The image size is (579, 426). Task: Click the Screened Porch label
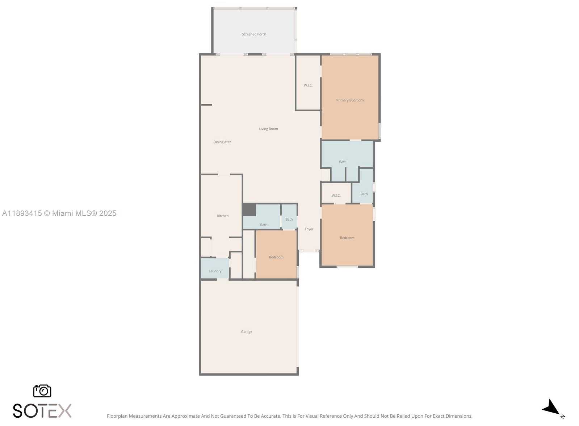[254, 34]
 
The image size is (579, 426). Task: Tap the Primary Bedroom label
[350, 100]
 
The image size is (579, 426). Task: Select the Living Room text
[268, 129]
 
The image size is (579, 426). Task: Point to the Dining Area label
[222, 142]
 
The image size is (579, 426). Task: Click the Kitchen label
[223, 216]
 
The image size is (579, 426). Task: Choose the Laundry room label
[215, 271]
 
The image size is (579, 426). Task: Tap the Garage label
[247, 332]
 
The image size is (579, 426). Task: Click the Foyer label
[309, 229]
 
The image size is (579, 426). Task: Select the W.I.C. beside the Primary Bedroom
[308, 85]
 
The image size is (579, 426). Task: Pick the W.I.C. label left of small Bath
[336, 196]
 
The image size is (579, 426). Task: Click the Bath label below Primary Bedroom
[343, 162]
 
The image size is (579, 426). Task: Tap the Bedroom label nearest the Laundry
[276, 257]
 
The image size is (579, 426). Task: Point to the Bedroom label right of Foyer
[347, 238]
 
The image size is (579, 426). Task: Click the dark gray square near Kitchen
[249, 210]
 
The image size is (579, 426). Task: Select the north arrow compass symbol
[552, 409]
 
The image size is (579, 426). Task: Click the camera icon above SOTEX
[42, 391]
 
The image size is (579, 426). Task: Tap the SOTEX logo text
[42, 411]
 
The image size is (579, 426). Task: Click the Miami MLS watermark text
[59, 213]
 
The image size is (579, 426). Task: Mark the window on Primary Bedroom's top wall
[351, 54]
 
